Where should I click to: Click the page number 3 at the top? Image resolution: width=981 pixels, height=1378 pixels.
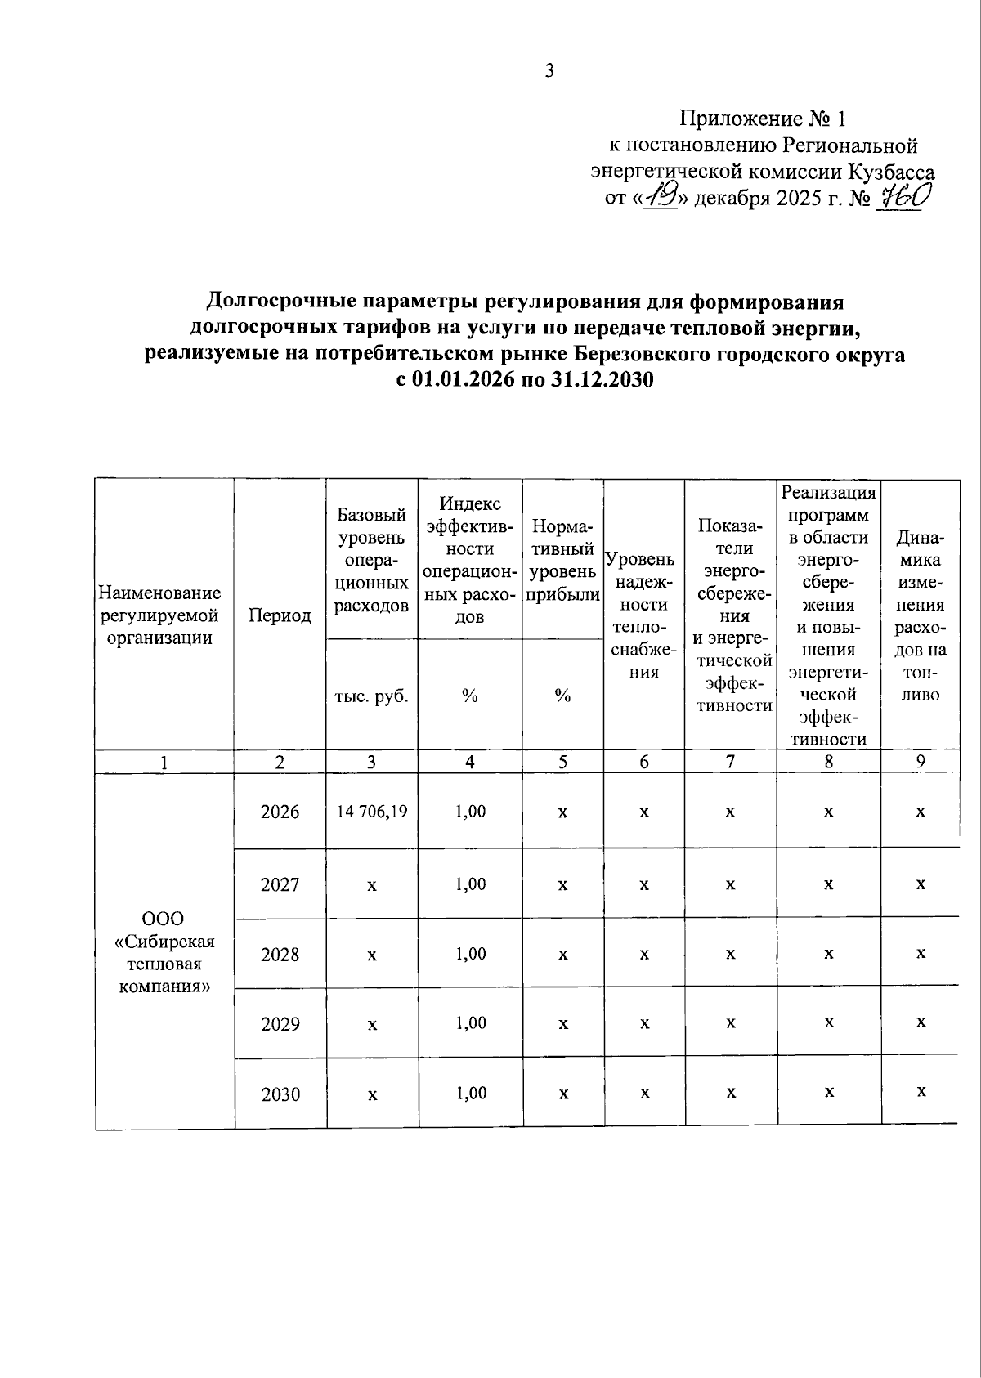click(x=549, y=71)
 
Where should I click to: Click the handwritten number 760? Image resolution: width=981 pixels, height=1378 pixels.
click(x=899, y=196)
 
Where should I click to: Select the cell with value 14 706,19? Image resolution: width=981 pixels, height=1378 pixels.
click(x=372, y=812)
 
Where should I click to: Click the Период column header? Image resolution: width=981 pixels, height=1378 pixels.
click(x=280, y=616)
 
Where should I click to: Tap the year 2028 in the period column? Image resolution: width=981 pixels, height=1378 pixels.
click(x=280, y=955)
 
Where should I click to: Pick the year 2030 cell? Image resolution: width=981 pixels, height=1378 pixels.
click(x=280, y=1094)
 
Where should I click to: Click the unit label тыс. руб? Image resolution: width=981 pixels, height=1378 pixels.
click(x=372, y=696)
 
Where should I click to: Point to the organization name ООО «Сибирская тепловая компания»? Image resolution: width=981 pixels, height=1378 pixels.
click(x=165, y=953)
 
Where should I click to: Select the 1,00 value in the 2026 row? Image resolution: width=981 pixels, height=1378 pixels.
click(x=470, y=812)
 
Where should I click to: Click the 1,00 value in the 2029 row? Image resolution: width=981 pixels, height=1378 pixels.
click(x=470, y=1023)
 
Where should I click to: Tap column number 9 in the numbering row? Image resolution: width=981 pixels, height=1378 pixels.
click(x=921, y=762)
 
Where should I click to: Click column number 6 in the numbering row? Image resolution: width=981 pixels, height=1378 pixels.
click(x=644, y=762)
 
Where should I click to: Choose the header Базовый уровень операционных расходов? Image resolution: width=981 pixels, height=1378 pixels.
click(x=372, y=561)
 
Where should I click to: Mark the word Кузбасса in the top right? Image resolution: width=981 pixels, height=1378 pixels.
click(x=891, y=172)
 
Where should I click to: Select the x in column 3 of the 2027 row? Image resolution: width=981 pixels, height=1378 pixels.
click(x=372, y=885)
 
